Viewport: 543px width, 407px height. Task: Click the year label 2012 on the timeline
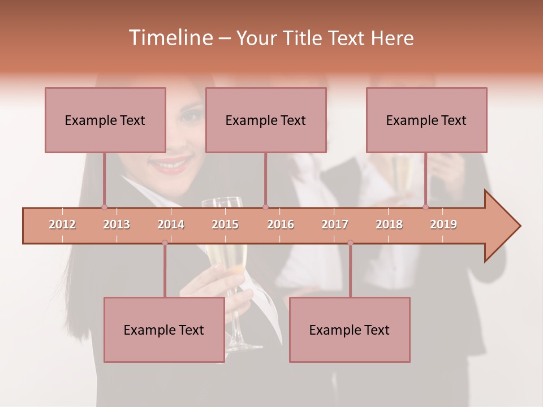tap(62, 224)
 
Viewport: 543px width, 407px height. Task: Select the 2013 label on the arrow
tap(117, 224)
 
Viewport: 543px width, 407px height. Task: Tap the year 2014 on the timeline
tap(171, 224)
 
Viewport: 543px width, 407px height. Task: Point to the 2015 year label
tap(225, 224)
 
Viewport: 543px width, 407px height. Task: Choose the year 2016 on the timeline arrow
tap(281, 224)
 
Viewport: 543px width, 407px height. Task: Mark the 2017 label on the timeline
tap(335, 224)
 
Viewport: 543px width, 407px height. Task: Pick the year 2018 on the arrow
tap(389, 224)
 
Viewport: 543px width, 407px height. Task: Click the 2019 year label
tap(443, 224)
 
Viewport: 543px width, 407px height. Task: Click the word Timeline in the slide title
tap(170, 38)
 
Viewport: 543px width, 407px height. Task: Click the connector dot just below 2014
tap(165, 243)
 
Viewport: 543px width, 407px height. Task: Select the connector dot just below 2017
tap(350, 243)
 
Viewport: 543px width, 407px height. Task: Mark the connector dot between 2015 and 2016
tap(265, 207)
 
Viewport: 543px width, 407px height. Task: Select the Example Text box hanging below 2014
tap(164, 330)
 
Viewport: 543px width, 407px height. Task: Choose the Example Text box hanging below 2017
tap(350, 330)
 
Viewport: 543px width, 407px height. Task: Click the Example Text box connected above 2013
tap(105, 120)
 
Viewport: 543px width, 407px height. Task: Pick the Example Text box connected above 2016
tap(266, 120)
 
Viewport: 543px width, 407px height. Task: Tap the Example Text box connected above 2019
tap(426, 120)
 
